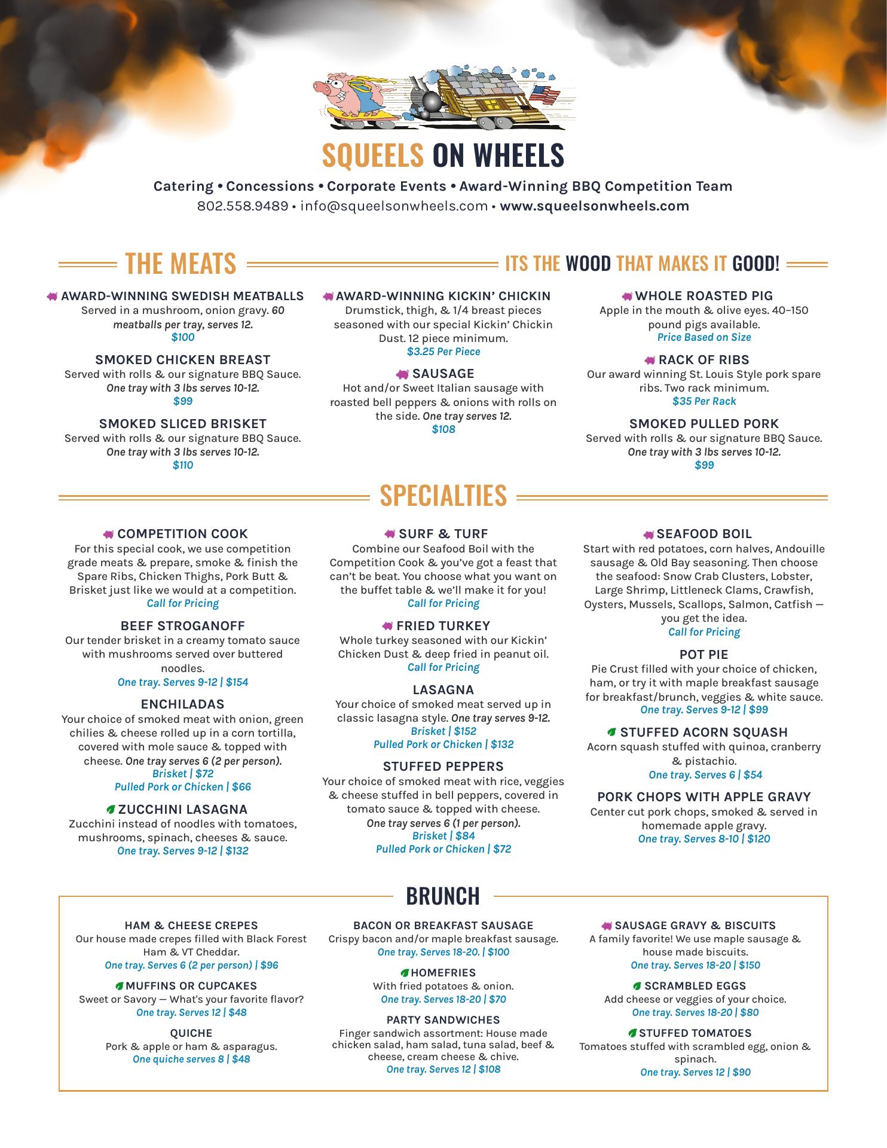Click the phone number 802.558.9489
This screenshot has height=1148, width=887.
[x=243, y=206]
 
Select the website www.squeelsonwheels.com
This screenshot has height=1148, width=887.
[x=594, y=206]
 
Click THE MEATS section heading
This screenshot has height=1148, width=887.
[x=181, y=264]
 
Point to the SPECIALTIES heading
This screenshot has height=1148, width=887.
[x=443, y=496]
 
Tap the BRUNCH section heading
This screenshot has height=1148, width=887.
[x=443, y=896]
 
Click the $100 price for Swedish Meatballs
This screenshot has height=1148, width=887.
[x=183, y=337]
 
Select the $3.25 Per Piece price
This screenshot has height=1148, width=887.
[x=443, y=352]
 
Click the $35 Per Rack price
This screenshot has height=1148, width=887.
[x=704, y=401]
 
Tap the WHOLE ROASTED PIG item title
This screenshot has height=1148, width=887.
[x=704, y=296]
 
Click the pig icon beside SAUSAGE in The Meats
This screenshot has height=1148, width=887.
[x=403, y=374]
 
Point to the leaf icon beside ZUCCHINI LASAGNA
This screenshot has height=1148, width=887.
[x=111, y=810]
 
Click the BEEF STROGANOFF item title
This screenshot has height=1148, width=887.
[x=183, y=626]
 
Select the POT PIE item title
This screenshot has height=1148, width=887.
[x=704, y=655]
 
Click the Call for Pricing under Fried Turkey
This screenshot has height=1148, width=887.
[x=443, y=667]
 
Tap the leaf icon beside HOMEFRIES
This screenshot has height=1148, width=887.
[x=405, y=973]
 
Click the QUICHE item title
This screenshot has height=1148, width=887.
[x=191, y=1033]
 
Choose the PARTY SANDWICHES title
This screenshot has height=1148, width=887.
[x=443, y=1020]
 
